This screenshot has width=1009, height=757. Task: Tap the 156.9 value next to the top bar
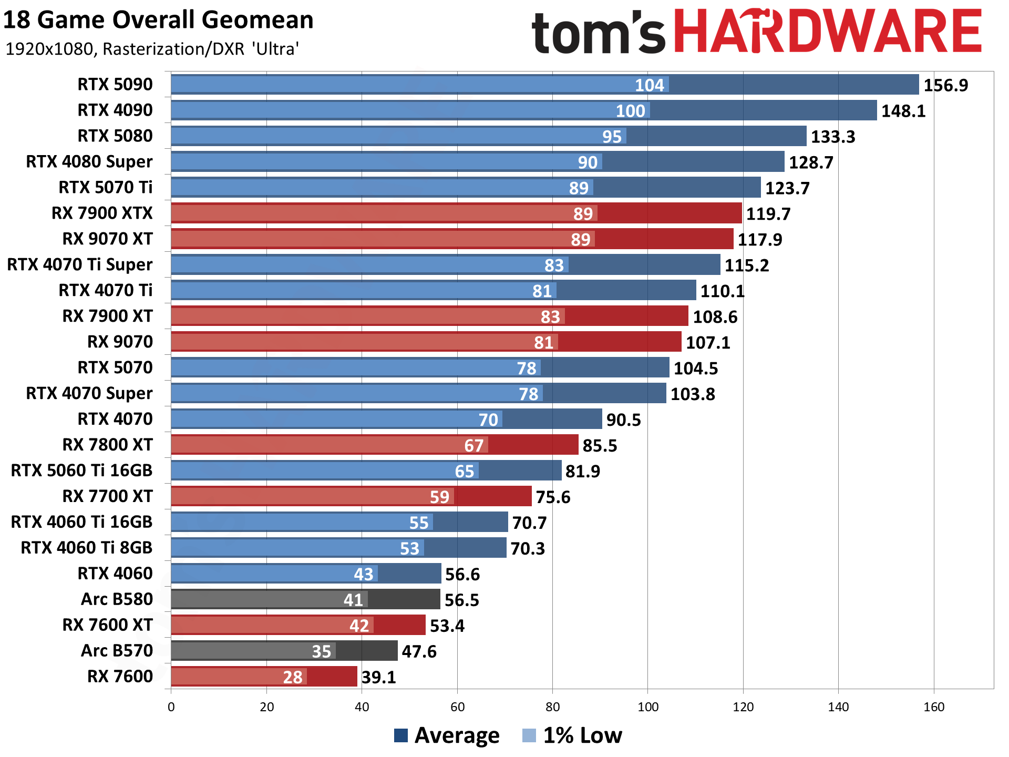coord(945,85)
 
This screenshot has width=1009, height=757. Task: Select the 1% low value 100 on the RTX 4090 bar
coord(630,111)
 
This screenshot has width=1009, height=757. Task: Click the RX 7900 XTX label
coord(102,213)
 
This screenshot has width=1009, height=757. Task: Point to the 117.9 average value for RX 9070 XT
coord(759,240)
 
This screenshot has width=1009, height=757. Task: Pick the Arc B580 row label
coord(117,599)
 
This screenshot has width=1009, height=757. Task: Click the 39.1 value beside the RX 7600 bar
coord(378,677)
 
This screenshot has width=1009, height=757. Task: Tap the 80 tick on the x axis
coord(552,707)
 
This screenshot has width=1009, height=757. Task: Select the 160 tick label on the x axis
coord(933,707)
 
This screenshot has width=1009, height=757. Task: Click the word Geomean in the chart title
coord(257,20)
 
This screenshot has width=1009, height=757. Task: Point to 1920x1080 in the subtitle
coord(50,49)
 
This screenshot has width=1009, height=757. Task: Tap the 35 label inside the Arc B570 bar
coord(322,651)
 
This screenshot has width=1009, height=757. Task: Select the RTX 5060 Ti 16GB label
coord(81,470)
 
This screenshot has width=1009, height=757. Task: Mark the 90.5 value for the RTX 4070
coord(623,420)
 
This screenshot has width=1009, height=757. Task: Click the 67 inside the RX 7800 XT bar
coord(473,446)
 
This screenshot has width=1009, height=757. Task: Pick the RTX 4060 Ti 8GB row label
coord(86,547)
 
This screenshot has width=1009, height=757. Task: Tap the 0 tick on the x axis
coord(171,707)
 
